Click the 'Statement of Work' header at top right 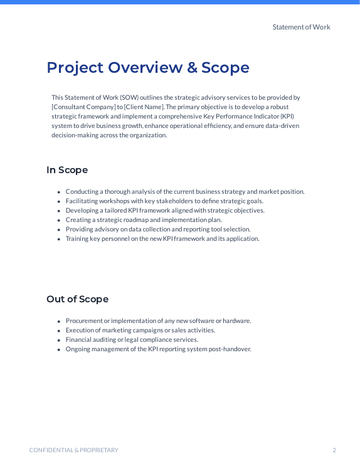[301, 27]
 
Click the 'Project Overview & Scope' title [147, 68]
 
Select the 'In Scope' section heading [67, 170]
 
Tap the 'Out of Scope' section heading [77, 299]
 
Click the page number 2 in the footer [334, 450]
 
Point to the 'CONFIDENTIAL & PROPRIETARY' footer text [74, 450]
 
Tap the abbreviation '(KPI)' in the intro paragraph [287, 117]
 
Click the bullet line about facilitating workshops [164, 201]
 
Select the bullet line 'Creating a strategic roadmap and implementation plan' [144, 220]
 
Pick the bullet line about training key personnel [162, 239]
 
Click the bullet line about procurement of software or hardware [158, 321]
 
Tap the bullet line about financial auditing [132, 340]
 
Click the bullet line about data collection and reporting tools [158, 230]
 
